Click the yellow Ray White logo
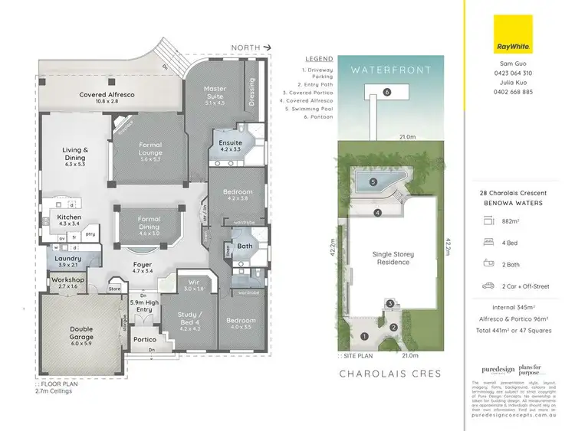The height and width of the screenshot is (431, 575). [x=513, y=34]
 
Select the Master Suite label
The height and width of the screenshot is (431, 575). [x=215, y=93]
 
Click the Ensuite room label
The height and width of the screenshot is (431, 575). [x=231, y=146]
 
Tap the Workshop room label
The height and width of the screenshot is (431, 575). [x=67, y=283]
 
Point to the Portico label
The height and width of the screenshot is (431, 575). [x=145, y=339]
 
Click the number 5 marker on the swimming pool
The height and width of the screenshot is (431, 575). [x=373, y=182]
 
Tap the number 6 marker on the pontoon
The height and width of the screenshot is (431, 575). [x=387, y=92]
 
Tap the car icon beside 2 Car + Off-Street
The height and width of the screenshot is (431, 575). [x=488, y=286]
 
